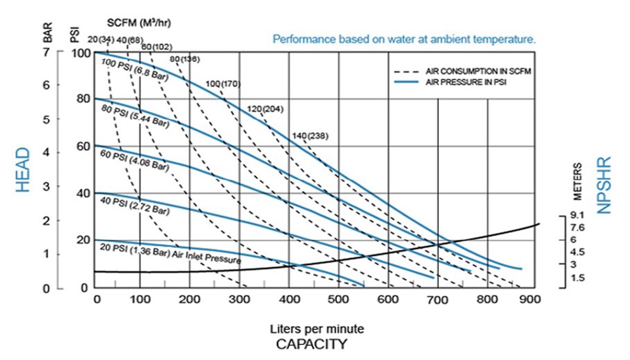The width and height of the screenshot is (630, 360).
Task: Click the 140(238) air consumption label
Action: point(310,135)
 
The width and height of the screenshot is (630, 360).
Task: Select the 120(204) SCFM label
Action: point(265,109)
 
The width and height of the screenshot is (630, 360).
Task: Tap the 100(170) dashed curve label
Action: point(223,84)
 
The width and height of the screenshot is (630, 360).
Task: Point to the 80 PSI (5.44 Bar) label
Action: point(135,116)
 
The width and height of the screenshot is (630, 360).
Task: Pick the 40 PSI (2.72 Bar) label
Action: point(135,206)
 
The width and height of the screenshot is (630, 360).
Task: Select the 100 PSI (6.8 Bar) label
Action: point(135,69)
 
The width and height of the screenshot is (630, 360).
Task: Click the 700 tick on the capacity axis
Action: point(437,300)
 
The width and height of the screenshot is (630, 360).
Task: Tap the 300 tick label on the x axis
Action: point(239,299)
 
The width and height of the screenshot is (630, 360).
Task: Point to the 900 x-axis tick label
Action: point(529,299)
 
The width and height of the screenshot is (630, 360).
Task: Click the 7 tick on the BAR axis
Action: point(46,52)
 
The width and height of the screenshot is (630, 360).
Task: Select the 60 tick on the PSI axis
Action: point(83,146)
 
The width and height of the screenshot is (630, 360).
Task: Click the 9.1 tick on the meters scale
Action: point(577,215)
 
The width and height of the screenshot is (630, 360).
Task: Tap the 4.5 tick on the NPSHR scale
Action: point(578,252)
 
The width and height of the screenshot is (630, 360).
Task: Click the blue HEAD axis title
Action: point(23,170)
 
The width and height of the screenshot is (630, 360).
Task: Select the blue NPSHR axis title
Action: point(604,185)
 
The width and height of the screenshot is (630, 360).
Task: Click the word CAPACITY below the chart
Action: point(311,344)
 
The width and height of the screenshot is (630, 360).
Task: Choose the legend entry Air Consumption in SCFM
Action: point(463,71)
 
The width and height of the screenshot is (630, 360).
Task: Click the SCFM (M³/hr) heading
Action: point(139,23)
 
